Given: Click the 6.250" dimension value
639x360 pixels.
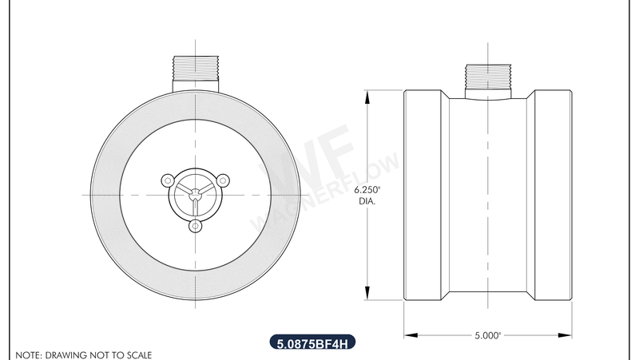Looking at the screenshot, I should click(x=367, y=190).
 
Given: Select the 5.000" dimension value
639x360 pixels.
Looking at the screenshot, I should click(x=487, y=336).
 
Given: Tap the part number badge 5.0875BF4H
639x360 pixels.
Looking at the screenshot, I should click(x=312, y=344).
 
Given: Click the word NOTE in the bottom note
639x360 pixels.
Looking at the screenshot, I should click(x=28, y=354).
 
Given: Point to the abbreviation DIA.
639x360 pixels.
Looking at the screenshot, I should click(x=367, y=201).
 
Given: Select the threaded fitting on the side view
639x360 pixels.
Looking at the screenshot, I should click(x=487, y=77).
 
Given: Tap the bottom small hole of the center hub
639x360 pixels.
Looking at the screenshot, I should click(x=195, y=226).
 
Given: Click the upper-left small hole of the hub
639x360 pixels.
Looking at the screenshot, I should click(x=168, y=179).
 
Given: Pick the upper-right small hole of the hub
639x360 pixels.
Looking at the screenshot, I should click(x=223, y=179).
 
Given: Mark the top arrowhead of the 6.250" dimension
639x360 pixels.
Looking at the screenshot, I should click(x=367, y=97).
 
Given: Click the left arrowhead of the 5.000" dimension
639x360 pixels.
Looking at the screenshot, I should click(x=407, y=335).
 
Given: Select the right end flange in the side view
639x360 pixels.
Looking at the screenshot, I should click(x=553, y=196).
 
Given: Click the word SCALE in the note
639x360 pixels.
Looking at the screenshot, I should click(x=136, y=354).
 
